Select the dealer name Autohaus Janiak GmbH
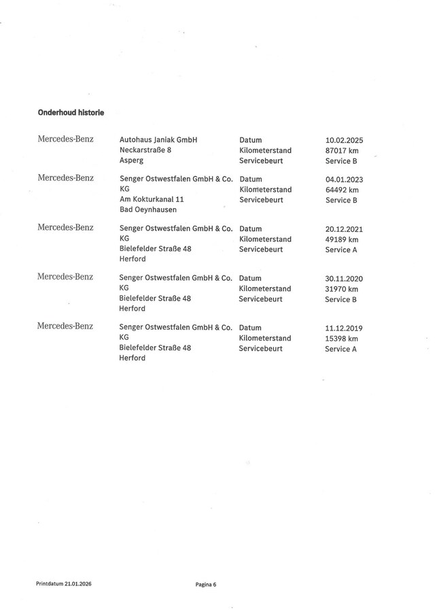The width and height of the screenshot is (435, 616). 158,139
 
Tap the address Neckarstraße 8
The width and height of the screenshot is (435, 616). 145,150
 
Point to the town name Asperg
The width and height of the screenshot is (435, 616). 131,161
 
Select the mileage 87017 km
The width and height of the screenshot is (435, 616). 342,150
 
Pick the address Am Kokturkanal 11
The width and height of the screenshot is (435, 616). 151,200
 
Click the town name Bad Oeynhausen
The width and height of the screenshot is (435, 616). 148,210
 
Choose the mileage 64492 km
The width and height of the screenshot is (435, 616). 342,190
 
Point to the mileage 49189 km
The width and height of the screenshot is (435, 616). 342,239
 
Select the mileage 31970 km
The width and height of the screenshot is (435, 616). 341,289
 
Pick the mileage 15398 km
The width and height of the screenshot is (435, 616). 341,338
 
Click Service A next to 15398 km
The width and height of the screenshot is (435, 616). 341,349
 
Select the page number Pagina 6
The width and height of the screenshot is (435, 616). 205,583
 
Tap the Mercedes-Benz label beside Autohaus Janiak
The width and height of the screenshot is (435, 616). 65,139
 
